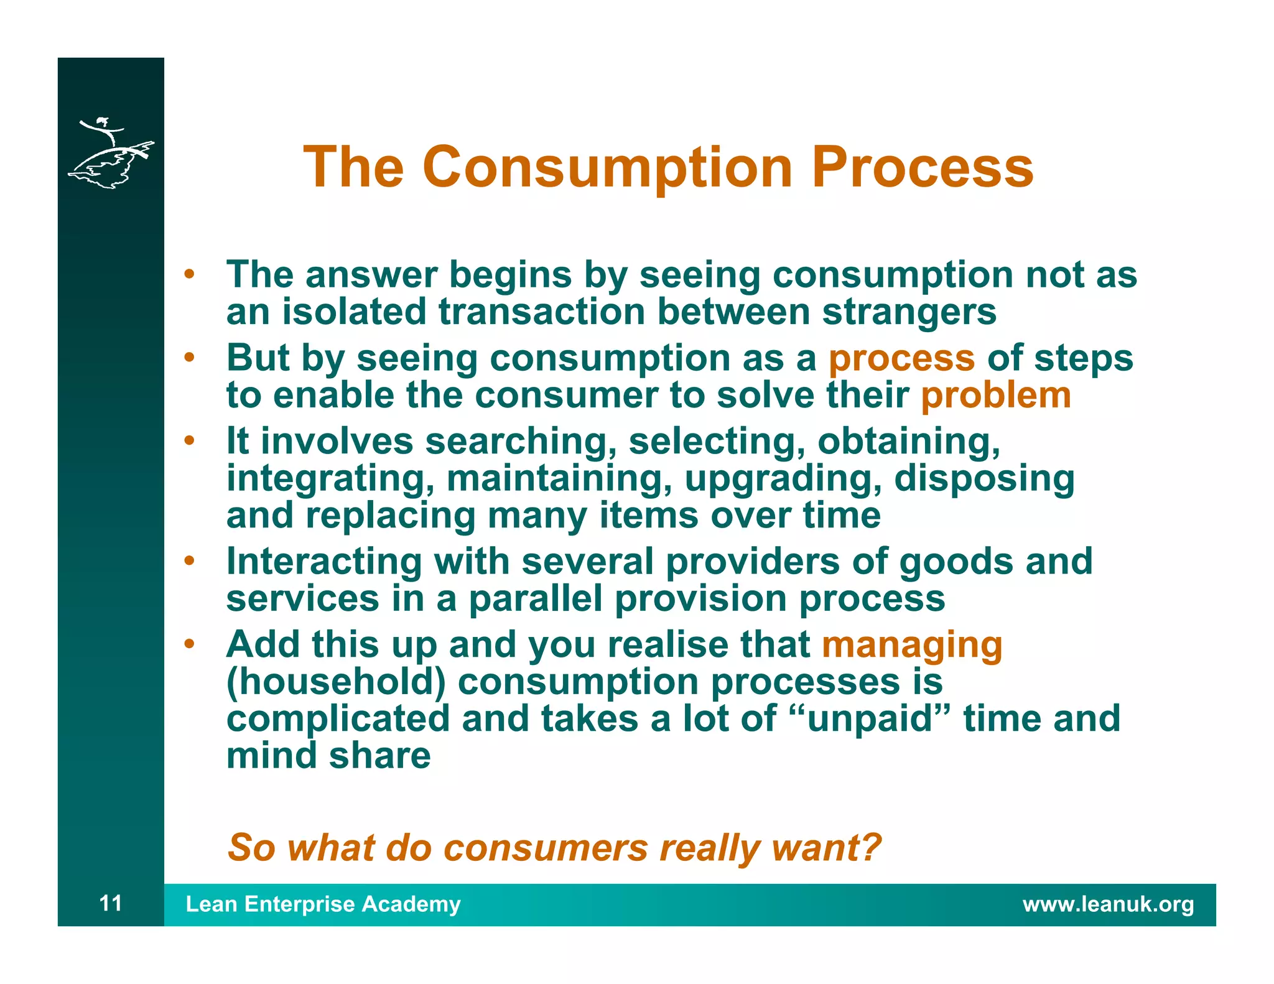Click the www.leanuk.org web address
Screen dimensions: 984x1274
click(1108, 904)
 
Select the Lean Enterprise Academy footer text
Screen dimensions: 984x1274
click(323, 904)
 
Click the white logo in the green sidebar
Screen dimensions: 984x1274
click(111, 153)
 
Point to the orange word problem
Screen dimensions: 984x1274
click(995, 396)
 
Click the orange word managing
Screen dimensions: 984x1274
click(912, 644)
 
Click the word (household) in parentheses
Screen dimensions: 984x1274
click(336, 682)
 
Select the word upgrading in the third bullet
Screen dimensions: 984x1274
click(783, 479)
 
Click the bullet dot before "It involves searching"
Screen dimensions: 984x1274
click(189, 441)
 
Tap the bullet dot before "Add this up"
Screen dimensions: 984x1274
click(189, 644)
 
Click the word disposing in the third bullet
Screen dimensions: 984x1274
click(984, 479)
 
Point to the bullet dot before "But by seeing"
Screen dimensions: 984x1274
click(189, 358)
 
